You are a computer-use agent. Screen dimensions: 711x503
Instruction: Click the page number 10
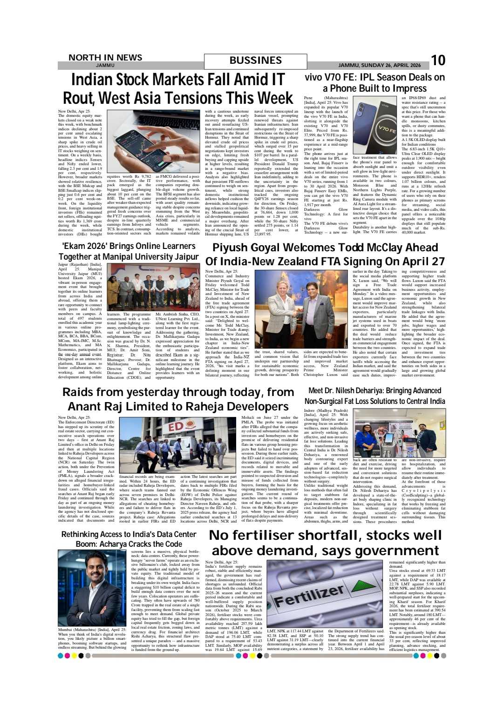coord(438,60)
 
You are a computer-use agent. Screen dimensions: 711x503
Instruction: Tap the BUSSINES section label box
coord(255,61)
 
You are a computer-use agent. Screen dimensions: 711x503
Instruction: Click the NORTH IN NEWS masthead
coord(105,58)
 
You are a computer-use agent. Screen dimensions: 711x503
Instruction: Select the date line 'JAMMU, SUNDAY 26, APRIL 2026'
coord(379,66)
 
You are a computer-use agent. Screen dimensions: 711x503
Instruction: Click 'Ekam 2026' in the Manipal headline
coord(82,246)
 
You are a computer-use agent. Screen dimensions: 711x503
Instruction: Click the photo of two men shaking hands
coord(300,309)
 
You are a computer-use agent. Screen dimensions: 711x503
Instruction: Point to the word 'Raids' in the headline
coord(83,392)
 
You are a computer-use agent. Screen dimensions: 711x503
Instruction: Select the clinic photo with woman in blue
coord(399,433)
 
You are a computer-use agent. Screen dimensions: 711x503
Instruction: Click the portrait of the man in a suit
coord(92,588)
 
